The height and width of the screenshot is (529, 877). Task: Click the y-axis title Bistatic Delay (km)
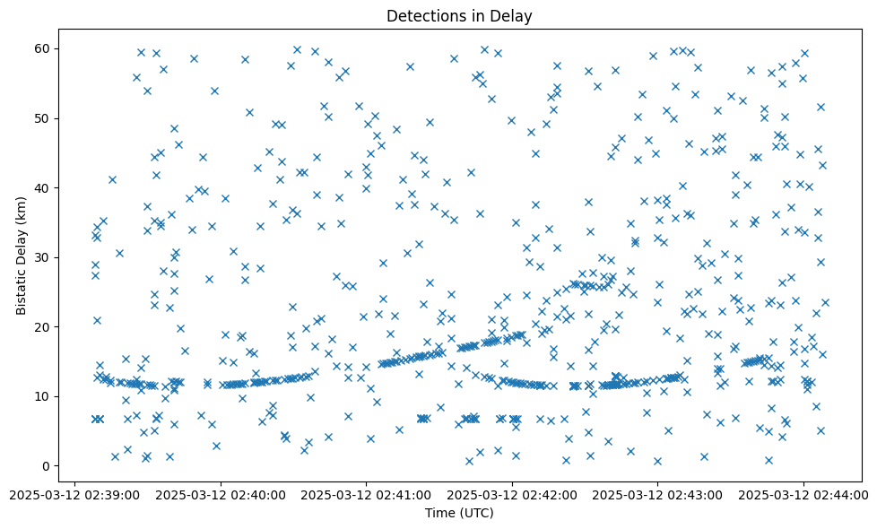[x=22, y=256]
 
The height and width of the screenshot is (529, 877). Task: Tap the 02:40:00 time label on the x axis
[x=221, y=494]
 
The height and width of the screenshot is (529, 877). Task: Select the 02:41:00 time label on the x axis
[x=366, y=494]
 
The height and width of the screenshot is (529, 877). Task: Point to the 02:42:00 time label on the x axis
[x=512, y=494]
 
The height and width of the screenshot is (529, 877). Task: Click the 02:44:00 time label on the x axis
[x=803, y=494]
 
